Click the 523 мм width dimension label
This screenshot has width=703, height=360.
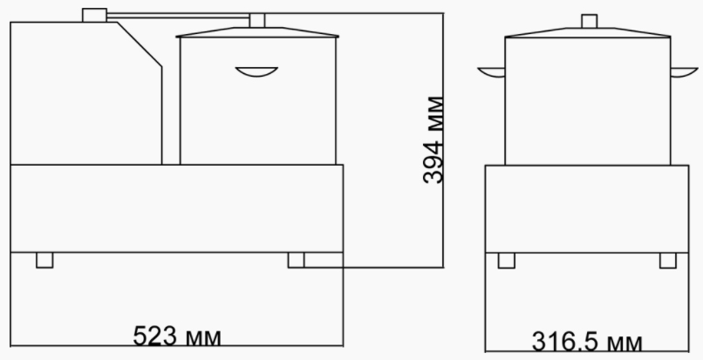click(x=177, y=336)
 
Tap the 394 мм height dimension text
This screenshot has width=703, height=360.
click(x=433, y=139)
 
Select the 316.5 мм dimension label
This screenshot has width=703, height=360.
click(x=587, y=342)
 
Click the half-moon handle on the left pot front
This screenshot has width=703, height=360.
click(x=256, y=71)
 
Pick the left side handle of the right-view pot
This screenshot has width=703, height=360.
click(x=492, y=72)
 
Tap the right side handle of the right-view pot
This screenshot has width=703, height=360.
click(x=684, y=72)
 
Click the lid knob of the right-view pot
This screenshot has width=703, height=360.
click(x=589, y=21)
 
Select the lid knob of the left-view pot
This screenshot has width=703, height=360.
click(x=257, y=21)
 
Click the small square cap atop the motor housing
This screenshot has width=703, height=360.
click(x=94, y=15)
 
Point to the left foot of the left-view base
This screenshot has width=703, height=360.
click(x=44, y=260)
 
